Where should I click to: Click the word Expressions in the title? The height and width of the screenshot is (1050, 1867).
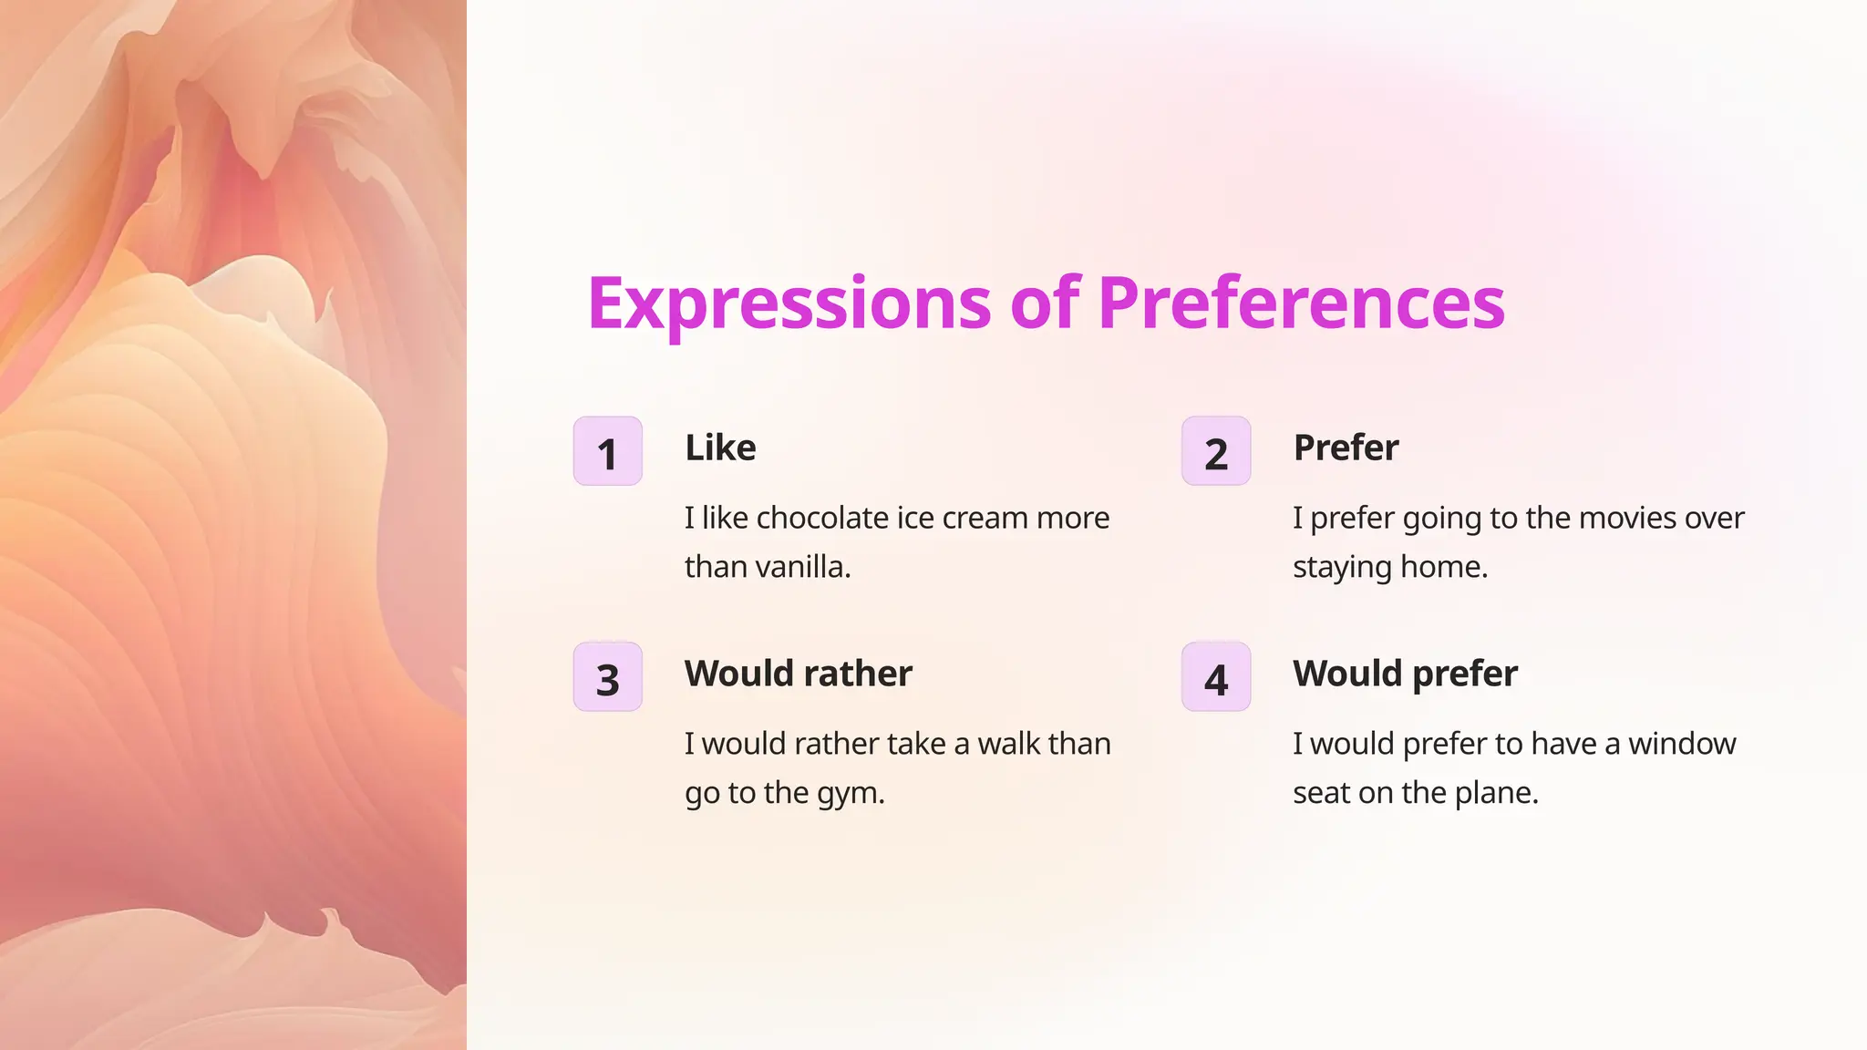(789, 304)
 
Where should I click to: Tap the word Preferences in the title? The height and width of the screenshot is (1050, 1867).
(1301, 304)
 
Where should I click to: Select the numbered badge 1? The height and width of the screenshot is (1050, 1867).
(608, 451)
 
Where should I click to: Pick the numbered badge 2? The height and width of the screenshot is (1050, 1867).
(1216, 451)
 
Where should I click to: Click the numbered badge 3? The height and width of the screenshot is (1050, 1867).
(608, 677)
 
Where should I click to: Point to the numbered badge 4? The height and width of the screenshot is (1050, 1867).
(1216, 677)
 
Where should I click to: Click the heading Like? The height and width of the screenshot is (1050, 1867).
(720, 448)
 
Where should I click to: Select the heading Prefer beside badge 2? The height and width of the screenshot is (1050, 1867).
(1346, 448)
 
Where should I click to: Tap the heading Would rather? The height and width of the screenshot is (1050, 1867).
(798, 674)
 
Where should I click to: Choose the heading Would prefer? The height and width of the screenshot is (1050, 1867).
(1405, 674)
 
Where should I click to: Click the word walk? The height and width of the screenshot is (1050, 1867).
(1008, 744)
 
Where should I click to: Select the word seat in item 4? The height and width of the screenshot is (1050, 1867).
(1321, 794)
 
